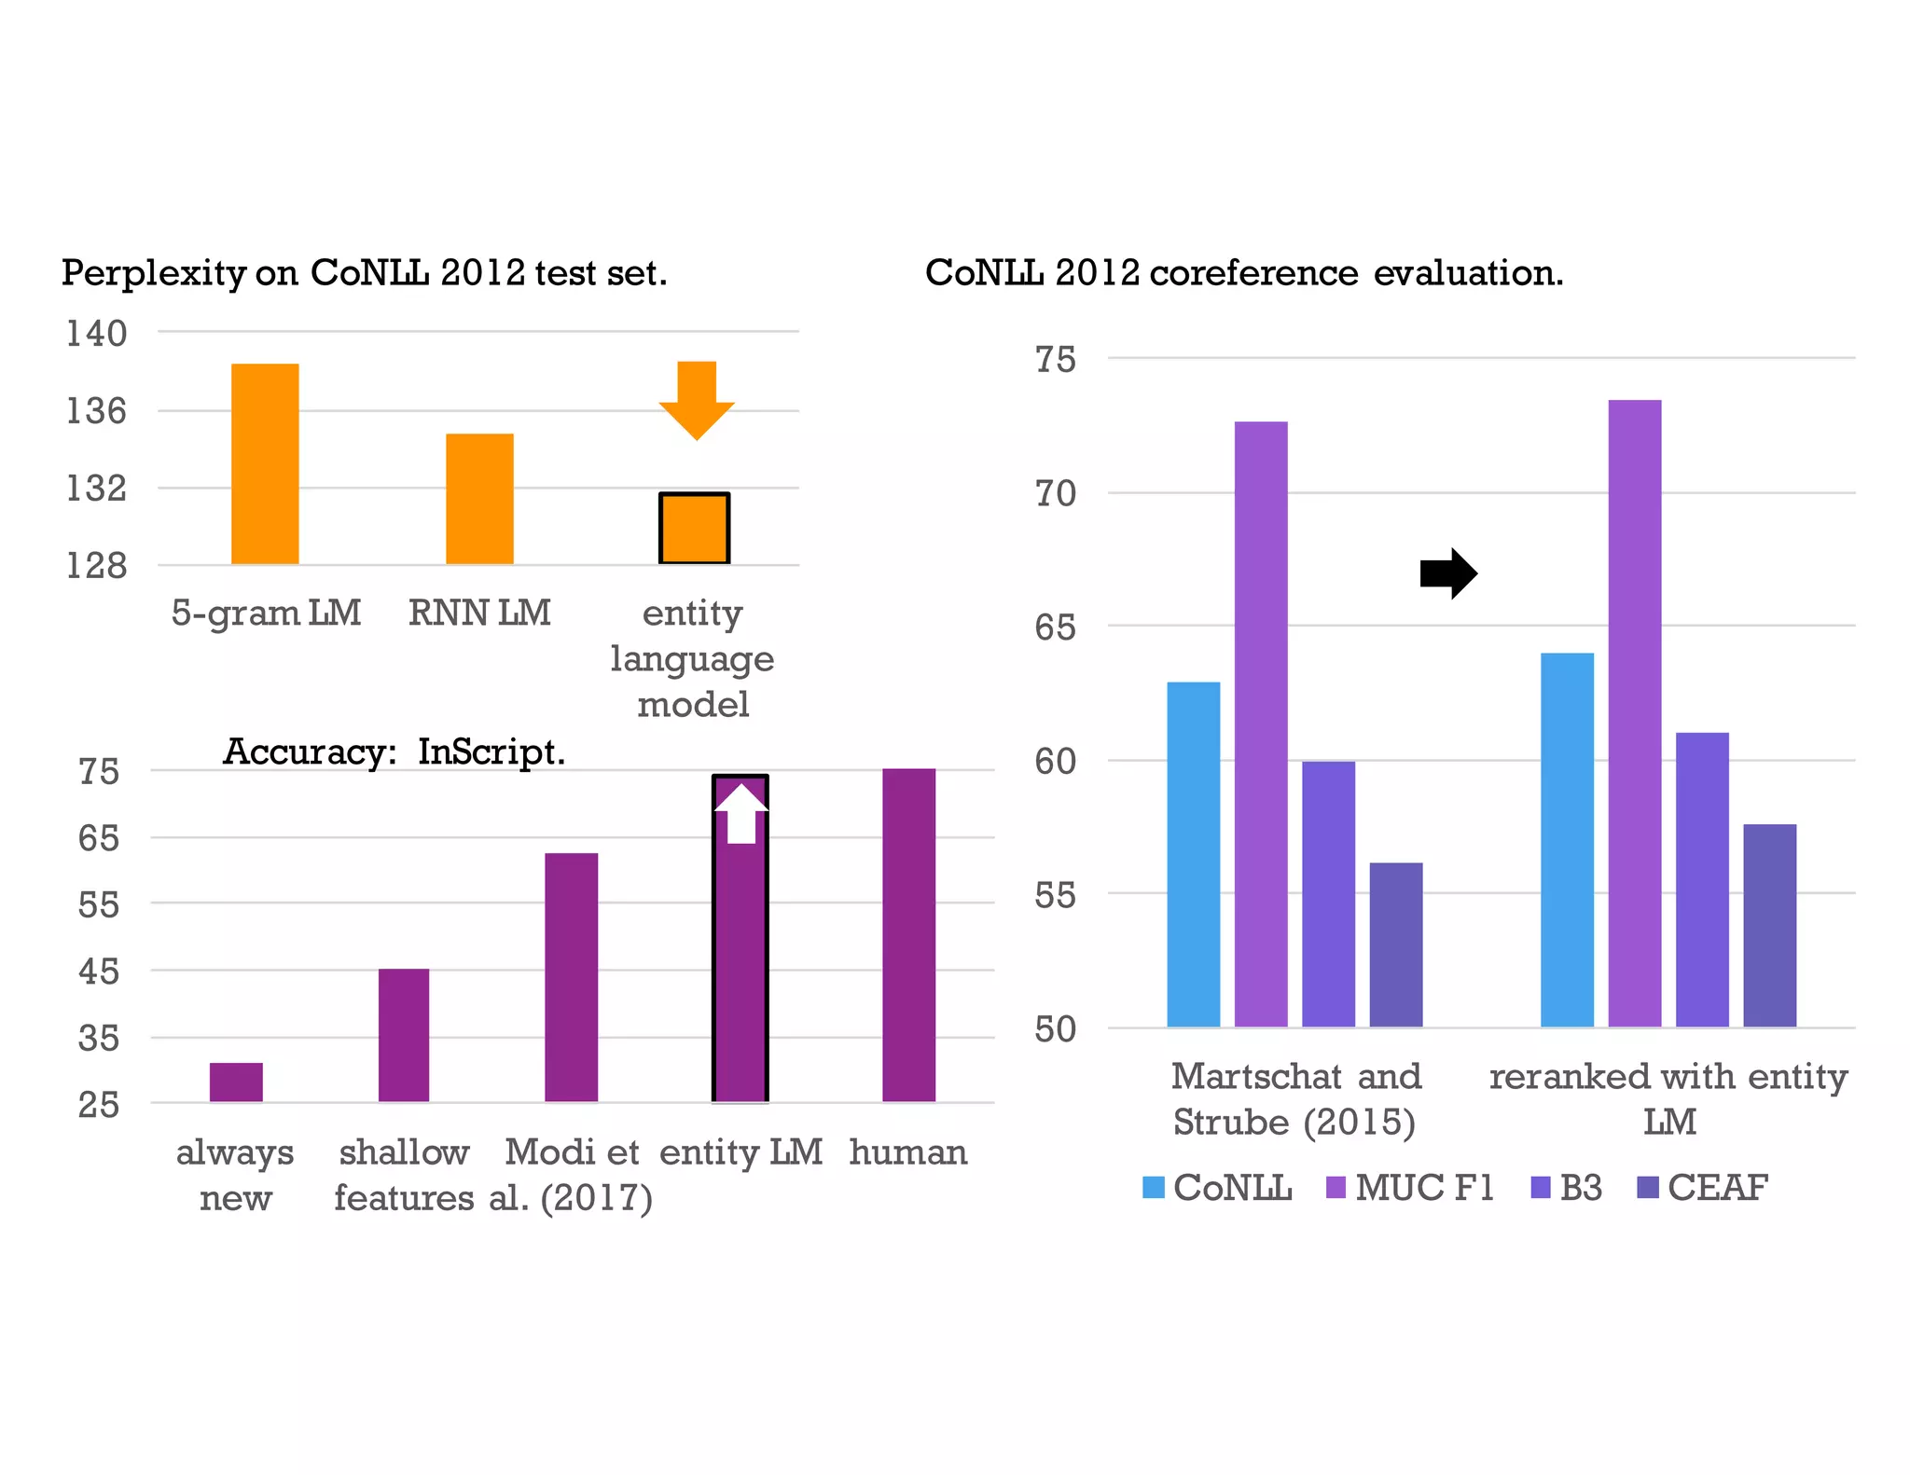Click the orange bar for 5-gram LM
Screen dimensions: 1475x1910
[x=265, y=463]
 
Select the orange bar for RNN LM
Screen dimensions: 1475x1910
[x=479, y=499]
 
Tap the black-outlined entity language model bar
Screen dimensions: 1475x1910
[x=694, y=529]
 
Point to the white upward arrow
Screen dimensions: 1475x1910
[x=740, y=814]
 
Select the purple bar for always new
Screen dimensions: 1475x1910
[x=236, y=1082]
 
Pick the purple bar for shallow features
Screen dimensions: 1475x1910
[x=404, y=1035]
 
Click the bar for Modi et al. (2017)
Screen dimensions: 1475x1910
[x=571, y=977]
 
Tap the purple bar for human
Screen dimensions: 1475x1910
[x=908, y=935]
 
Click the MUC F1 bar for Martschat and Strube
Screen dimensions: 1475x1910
[x=1261, y=724]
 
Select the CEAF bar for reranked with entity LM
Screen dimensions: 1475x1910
[x=1769, y=926]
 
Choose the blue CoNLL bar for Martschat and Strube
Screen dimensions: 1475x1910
[x=1194, y=854]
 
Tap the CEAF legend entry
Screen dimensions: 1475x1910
[x=1703, y=1188]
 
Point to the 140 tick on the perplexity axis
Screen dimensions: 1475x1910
[x=96, y=333]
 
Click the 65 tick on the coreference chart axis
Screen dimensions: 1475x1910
[x=1055, y=627]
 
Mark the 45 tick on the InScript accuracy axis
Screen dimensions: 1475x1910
[x=99, y=972]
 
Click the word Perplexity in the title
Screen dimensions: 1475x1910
[x=153, y=273]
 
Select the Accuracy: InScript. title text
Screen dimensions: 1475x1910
[x=394, y=751]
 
